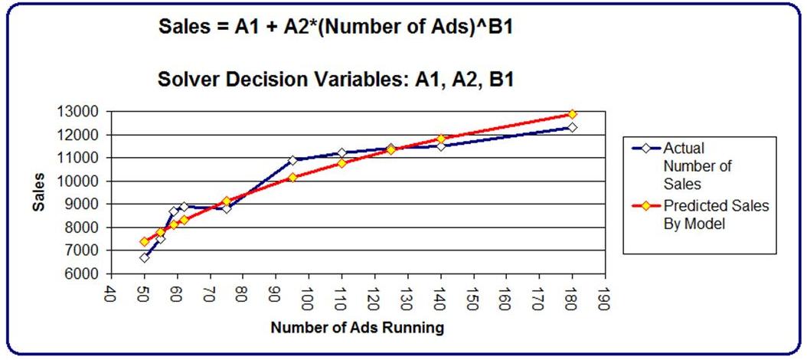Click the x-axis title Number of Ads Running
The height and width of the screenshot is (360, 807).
[x=357, y=329]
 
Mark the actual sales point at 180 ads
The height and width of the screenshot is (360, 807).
[x=572, y=127]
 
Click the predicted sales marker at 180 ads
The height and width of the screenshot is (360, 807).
[x=572, y=114]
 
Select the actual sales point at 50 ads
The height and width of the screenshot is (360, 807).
[x=144, y=257]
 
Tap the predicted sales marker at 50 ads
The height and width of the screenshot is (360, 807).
[x=144, y=242]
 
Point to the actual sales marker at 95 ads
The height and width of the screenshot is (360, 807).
[x=292, y=160]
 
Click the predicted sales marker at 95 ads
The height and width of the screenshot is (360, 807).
[x=292, y=178]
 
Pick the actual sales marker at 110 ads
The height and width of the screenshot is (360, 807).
[x=341, y=153]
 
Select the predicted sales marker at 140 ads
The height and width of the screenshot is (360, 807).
[x=440, y=139]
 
